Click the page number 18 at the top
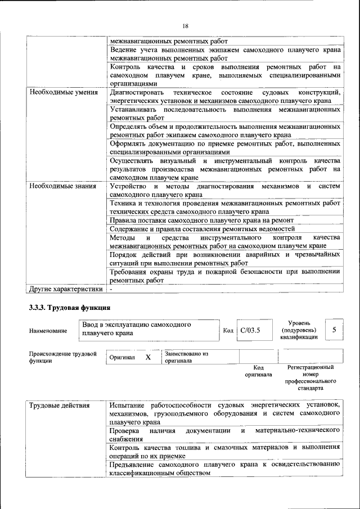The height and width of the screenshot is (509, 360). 184,25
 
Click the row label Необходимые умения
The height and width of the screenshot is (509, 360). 64,92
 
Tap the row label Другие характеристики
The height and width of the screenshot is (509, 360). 65,289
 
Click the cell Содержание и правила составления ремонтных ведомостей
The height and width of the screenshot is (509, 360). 202,229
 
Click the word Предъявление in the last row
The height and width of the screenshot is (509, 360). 136,464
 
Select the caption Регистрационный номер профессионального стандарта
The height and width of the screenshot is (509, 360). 310,377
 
